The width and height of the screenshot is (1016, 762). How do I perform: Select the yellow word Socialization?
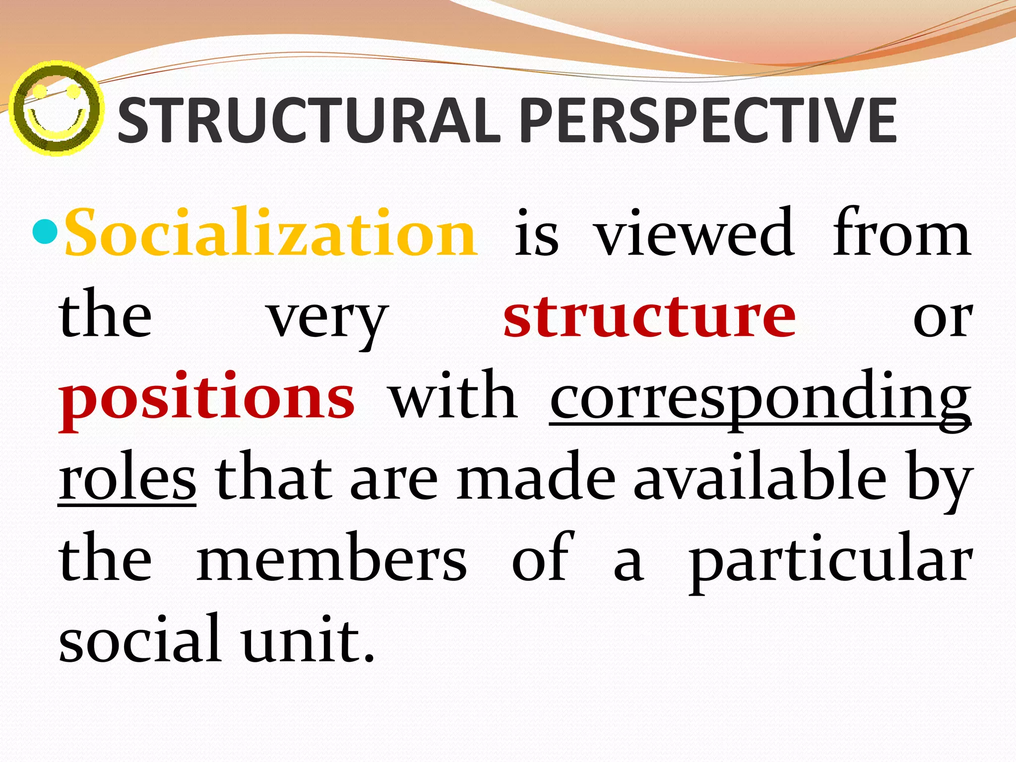[271, 233]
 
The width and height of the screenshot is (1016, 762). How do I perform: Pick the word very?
[327, 317]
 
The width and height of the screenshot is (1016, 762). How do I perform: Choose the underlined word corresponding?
[760, 399]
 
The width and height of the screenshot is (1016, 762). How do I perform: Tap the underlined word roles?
[127, 479]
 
